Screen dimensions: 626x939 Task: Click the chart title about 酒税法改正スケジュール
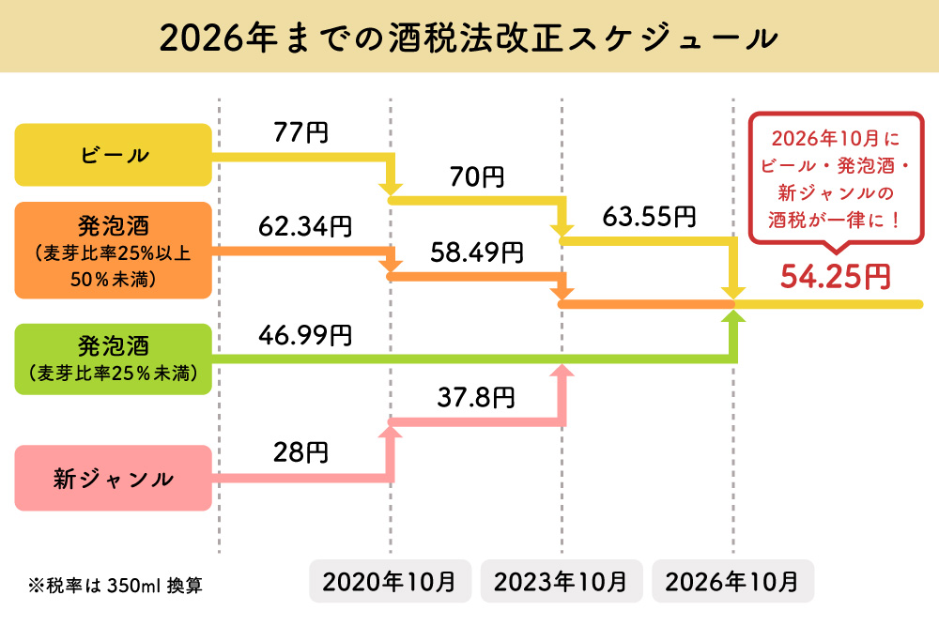click(x=469, y=38)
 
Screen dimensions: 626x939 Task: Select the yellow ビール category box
click(x=113, y=155)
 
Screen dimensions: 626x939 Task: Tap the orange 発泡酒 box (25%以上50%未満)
click(x=113, y=251)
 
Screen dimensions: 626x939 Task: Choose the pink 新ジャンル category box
click(x=113, y=478)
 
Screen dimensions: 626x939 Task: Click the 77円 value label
click(x=300, y=132)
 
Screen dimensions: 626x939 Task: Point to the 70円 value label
click(x=476, y=176)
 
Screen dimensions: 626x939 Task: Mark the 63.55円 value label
click(x=649, y=218)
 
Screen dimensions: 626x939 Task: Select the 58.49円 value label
click(x=476, y=252)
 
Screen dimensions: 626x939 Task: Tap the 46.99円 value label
click(x=305, y=334)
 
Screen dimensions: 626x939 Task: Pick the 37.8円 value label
click(x=476, y=398)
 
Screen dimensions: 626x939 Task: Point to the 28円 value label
click(x=300, y=453)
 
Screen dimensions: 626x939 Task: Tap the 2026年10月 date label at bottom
click(x=732, y=581)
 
